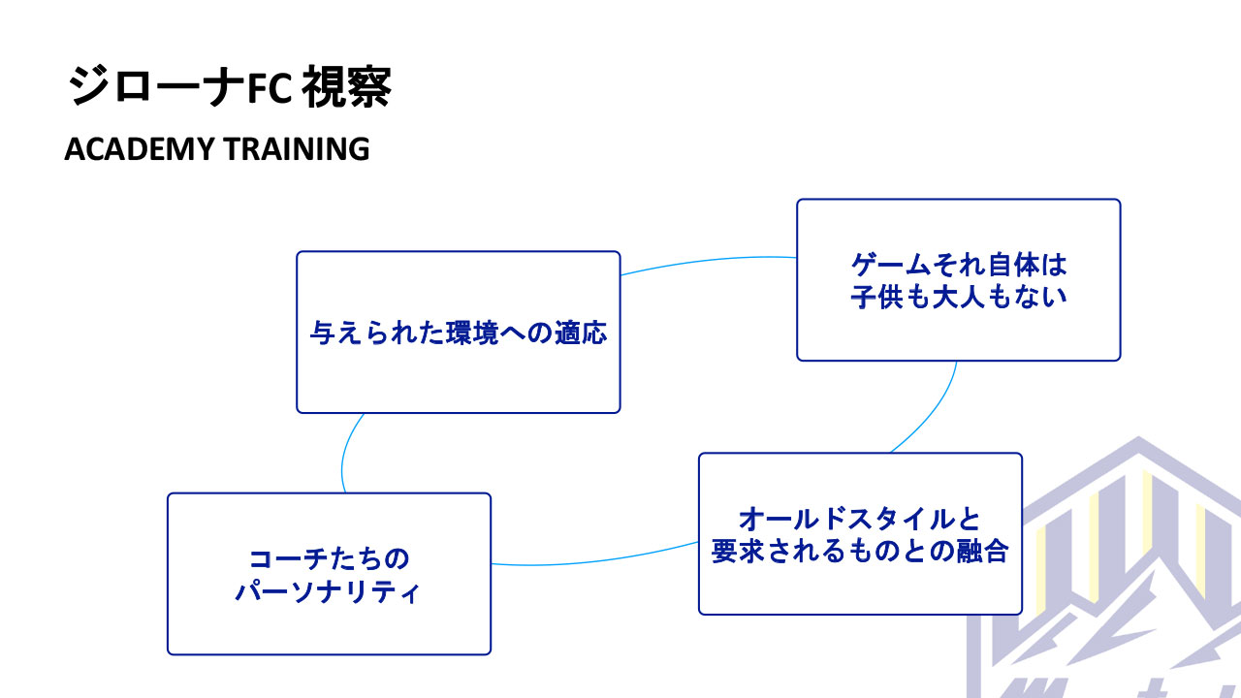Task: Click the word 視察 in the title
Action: tap(346, 87)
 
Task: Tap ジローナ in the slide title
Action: tap(153, 87)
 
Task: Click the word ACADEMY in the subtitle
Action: tap(139, 149)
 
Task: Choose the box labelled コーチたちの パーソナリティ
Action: tap(329, 625)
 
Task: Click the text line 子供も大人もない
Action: tap(958, 297)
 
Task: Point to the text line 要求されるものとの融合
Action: tap(860, 551)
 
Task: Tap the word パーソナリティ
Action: tap(329, 590)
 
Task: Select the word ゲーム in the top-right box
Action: tap(886, 265)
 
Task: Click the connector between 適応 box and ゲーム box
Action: tap(708, 261)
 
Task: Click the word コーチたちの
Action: tap(329, 559)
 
